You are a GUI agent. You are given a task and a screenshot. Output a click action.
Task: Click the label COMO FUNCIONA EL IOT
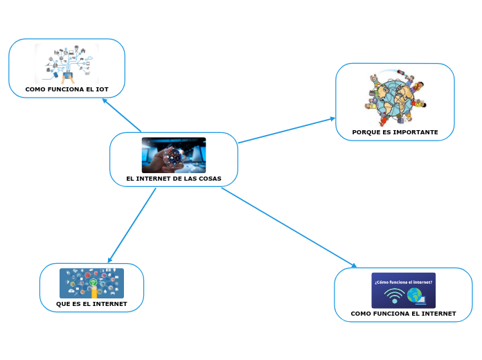click(66, 89)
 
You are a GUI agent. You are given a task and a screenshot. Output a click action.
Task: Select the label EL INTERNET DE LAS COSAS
click(173, 179)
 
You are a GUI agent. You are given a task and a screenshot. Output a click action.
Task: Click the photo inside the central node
click(173, 154)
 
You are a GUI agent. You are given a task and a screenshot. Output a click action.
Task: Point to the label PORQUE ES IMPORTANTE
click(395, 132)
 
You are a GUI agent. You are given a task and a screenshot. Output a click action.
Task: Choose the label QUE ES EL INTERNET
click(91, 304)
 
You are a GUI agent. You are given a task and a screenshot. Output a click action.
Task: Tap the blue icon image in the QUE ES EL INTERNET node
click(91, 283)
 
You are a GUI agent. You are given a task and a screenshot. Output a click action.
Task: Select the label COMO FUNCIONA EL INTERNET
click(403, 314)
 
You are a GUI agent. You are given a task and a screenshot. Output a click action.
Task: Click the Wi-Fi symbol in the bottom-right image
click(394, 296)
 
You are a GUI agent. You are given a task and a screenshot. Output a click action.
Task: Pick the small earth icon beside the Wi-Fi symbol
click(415, 296)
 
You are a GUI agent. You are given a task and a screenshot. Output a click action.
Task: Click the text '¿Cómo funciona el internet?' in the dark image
click(403, 282)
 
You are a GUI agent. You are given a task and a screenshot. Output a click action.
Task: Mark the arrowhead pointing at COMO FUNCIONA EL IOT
click(104, 100)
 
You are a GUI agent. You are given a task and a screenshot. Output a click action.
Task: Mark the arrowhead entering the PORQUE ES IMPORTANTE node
click(332, 118)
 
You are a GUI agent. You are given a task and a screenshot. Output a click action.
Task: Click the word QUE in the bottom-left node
click(62, 304)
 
